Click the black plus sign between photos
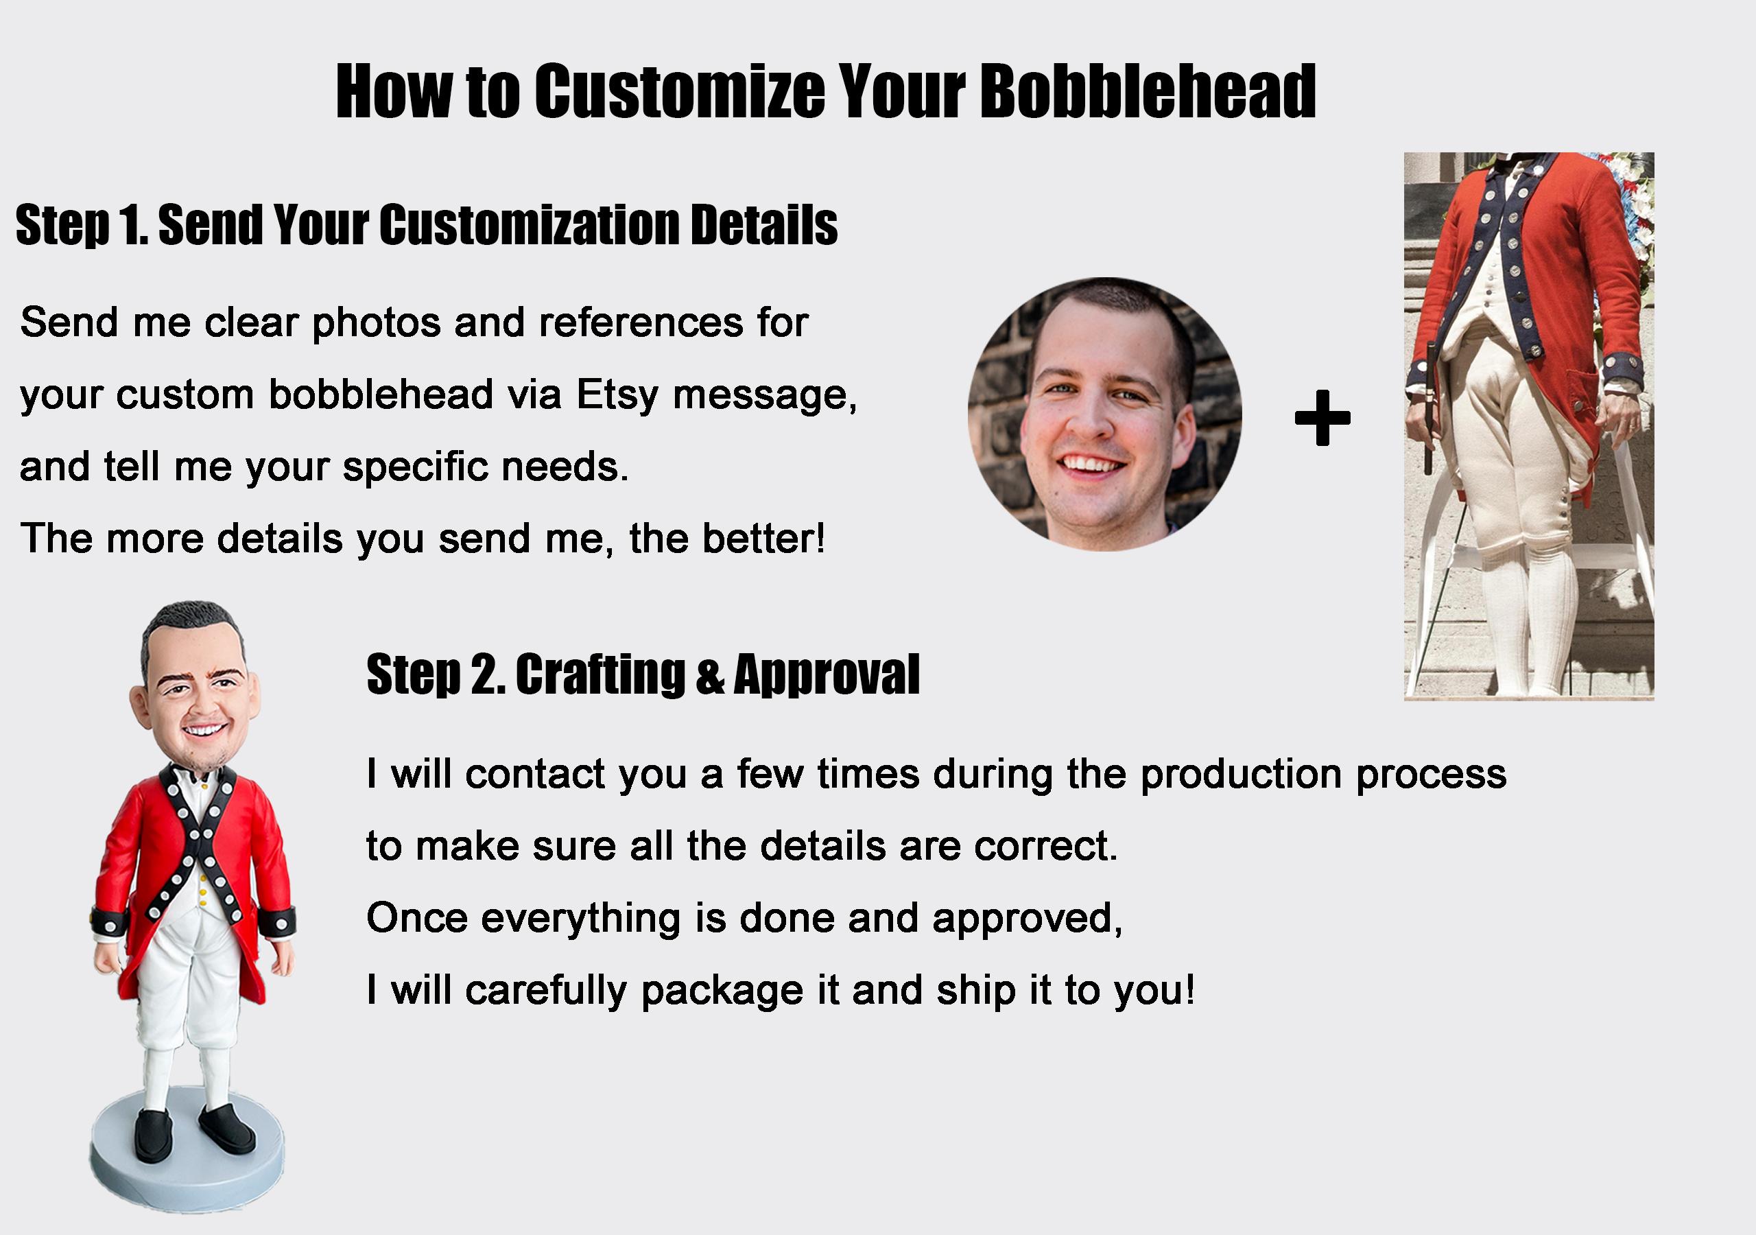pos(1322,417)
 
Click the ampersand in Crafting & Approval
pos(710,677)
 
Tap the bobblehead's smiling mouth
pos(204,729)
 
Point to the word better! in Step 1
pos(764,539)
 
